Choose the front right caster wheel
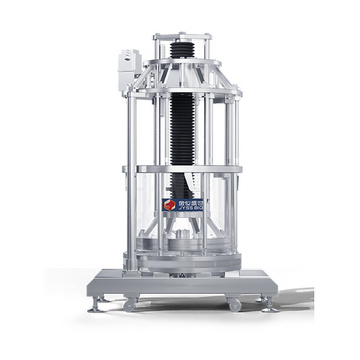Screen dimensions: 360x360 point(233,303)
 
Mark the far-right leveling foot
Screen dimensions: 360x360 point(269,304)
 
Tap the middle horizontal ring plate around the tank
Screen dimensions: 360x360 point(182,168)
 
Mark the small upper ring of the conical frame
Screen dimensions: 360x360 point(182,62)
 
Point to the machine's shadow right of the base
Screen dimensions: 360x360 point(295,300)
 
